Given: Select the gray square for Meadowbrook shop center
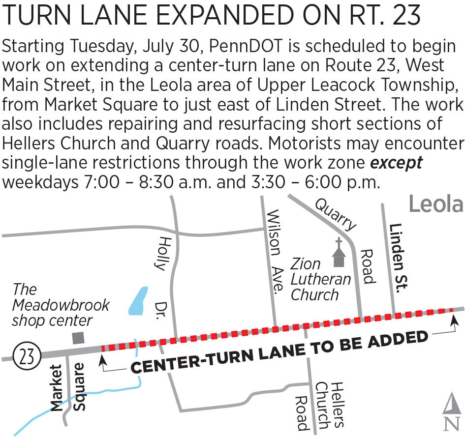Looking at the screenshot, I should coord(78,338).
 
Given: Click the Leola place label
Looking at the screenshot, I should coord(436,204).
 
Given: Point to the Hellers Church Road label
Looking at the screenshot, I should coord(319,405).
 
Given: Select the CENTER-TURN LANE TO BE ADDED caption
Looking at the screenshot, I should coord(279,352).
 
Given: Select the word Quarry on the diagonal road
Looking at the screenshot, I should coord(336,214).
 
